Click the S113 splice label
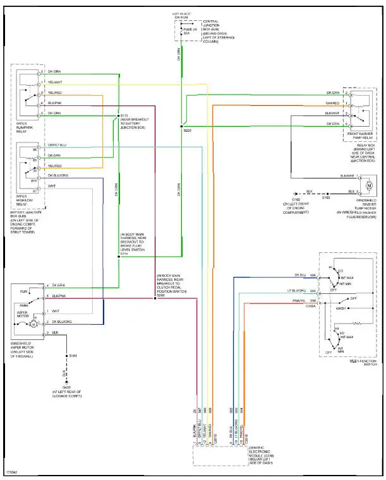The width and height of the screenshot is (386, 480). [124, 115]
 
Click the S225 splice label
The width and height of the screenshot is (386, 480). [188, 129]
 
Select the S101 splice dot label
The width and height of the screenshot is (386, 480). [73, 358]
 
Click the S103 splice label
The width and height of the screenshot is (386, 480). [326, 198]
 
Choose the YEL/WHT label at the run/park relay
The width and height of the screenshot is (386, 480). [55, 82]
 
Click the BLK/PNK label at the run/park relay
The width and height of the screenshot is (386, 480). [55, 103]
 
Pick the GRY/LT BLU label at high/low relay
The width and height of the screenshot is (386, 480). [56, 144]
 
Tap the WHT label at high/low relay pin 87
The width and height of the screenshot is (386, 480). [51, 186]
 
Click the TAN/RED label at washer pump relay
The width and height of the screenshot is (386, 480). [332, 103]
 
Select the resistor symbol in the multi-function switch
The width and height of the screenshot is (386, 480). [358, 323]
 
